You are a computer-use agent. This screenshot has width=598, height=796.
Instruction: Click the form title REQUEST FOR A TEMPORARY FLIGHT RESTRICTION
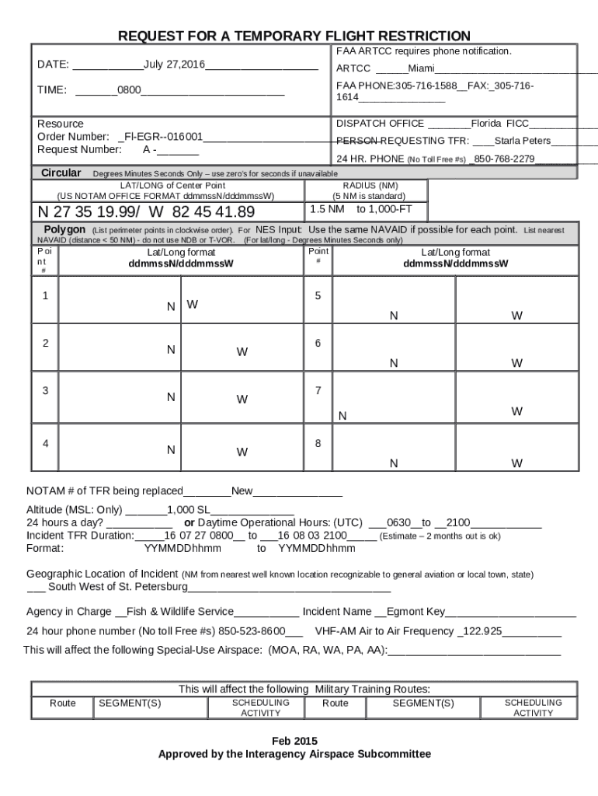coord(294,37)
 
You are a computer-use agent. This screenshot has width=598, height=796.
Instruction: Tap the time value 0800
coord(129,90)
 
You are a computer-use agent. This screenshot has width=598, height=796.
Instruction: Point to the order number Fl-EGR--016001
coord(164,137)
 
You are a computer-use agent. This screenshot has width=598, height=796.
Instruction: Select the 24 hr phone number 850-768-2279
coord(504,159)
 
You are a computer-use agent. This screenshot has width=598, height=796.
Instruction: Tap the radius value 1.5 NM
coord(327,209)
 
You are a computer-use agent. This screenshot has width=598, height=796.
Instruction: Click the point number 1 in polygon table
coord(46,296)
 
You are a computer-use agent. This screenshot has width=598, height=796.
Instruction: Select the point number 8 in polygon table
coord(318,443)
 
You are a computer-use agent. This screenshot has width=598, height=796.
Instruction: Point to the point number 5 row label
coord(318,296)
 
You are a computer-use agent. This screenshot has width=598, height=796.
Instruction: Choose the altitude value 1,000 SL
coord(189,510)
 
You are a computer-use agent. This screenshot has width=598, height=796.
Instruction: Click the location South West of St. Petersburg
coord(117,586)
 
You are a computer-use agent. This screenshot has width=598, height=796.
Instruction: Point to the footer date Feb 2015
coord(294,741)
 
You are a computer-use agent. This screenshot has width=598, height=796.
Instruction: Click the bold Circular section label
coord(61,173)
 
